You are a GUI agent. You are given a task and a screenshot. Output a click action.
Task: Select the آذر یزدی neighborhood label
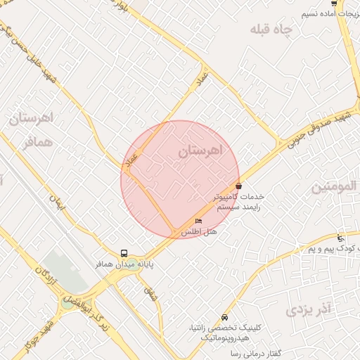click(308, 309)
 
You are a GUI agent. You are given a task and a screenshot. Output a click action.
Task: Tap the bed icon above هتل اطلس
click(198, 221)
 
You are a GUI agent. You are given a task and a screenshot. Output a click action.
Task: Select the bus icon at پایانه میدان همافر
click(124, 253)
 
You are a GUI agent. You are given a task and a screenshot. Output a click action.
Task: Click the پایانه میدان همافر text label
click(124, 264)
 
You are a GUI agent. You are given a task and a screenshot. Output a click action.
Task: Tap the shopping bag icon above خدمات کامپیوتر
click(240, 186)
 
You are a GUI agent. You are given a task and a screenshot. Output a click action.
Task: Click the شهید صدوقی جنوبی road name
click(316, 127)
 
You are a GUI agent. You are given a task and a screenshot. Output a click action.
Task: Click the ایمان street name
click(56, 203)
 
